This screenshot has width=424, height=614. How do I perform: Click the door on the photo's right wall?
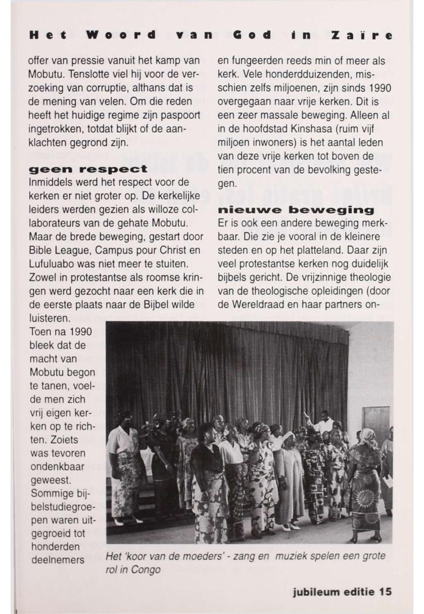377,425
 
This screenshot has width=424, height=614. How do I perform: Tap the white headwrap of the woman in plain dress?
287,436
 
